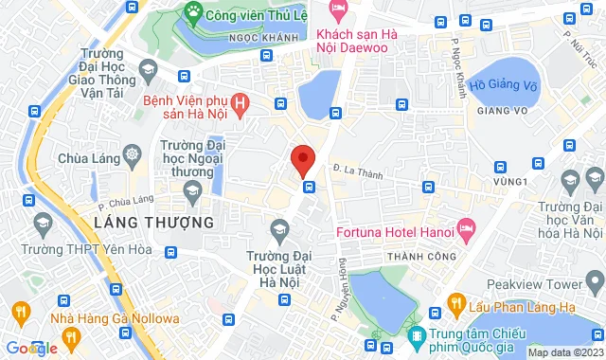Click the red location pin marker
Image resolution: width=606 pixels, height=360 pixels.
[x=302, y=160]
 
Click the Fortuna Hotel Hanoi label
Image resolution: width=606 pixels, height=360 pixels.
[x=392, y=228]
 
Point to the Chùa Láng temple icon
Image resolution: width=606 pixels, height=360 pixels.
[x=132, y=154]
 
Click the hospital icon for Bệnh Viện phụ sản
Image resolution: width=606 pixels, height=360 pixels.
[x=241, y=101]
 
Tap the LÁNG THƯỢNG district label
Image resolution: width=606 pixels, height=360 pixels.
[x=154, y=223]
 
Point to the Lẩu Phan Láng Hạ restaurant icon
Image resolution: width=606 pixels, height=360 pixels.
[x=456, y=304]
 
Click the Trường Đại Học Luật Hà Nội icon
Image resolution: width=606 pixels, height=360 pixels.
[x=279, y=229]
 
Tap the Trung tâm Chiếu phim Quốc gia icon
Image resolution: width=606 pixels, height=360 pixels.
[x=416, y=335]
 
